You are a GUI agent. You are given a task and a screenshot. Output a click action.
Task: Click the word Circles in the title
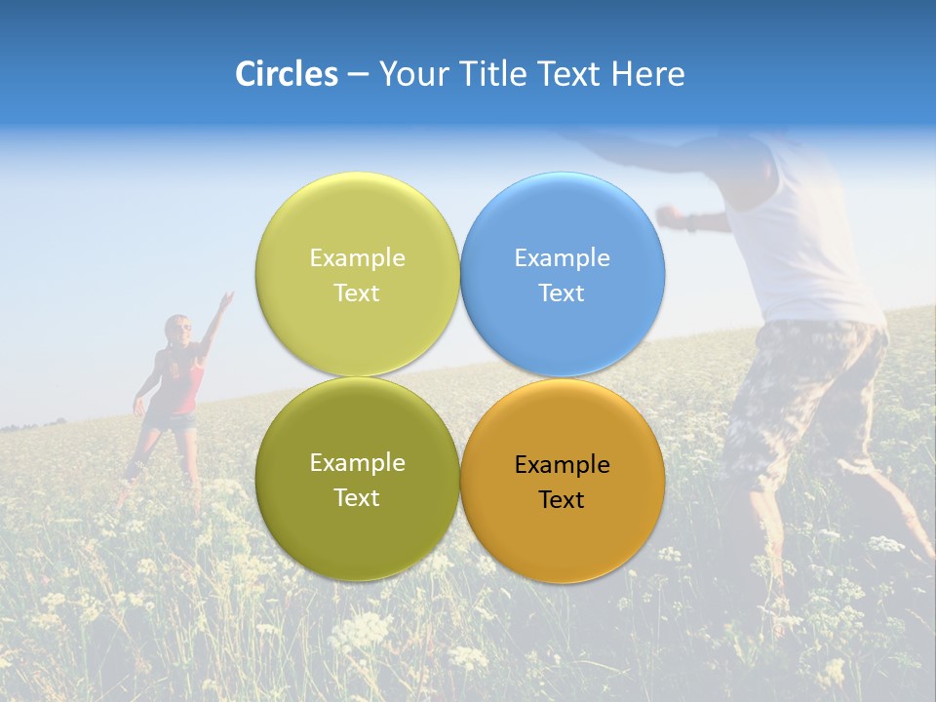pos(286,74)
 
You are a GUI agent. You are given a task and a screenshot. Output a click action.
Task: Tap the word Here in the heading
pos(647,74)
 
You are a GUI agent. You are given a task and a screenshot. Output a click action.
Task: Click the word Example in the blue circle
pos(562,258)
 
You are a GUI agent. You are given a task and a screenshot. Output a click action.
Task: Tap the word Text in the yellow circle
pos(357,292)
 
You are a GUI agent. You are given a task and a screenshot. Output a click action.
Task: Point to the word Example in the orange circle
pos(562,465)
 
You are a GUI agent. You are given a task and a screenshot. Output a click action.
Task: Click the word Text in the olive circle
pos(357,497)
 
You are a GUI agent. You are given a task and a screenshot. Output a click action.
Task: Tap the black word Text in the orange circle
pos(562,500)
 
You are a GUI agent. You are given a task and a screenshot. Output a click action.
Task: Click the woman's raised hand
pos(226,298)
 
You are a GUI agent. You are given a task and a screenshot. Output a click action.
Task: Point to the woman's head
pos(177,330)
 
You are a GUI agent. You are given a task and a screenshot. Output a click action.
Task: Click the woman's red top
pos(182,385)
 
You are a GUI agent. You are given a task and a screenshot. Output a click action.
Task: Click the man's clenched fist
pos(668,214)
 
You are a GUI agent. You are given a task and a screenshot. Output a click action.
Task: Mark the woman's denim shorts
pos(174,421)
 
